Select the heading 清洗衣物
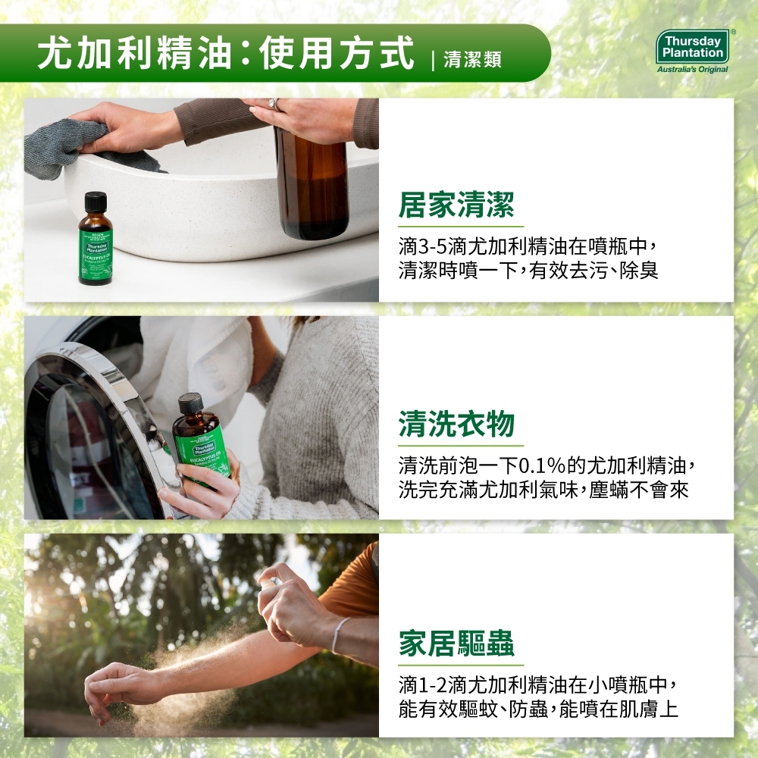tap(456, 424)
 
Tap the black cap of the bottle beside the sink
tap(96, 202)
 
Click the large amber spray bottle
tap(312, 182)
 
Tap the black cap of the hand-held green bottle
tap(190, 403)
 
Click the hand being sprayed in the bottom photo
tap(114, 686)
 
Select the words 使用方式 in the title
tap(337, 55)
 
